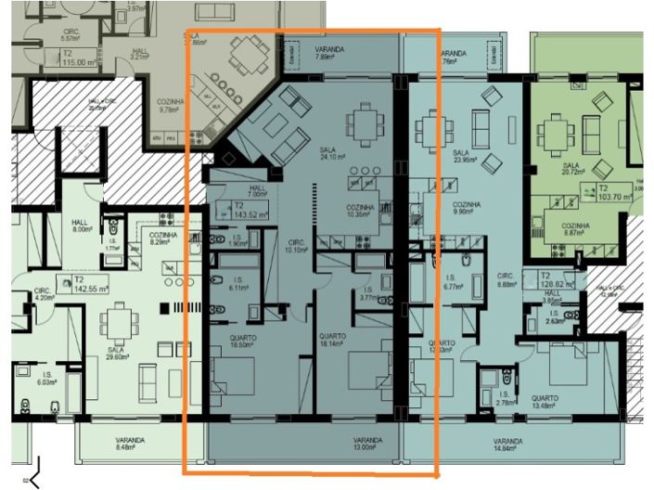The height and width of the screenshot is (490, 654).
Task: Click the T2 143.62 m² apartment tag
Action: (x=244, y=210)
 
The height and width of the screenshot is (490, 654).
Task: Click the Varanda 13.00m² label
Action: (x=368, y=444)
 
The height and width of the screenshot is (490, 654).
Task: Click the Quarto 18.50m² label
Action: (x=244, y=340)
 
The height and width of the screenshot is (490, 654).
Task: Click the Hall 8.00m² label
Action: (x=80, y=226)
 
